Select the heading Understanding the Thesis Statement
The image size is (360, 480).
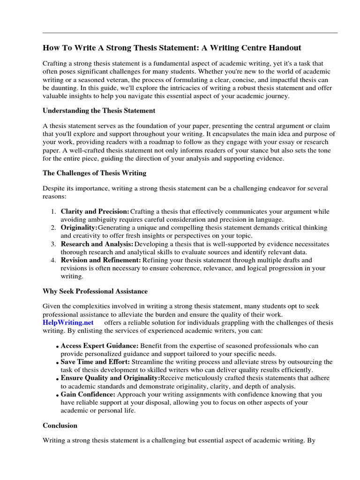point(99,111)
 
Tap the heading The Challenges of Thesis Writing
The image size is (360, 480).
point(95,173)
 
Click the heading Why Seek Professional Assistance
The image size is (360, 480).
point(95,291)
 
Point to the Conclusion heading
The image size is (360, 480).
point(60,426)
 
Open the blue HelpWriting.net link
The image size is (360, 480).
point(68,322)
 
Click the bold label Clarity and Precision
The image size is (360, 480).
point(95,211)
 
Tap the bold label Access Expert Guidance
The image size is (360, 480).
point(99,346)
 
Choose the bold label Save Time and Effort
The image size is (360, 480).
point(96,362)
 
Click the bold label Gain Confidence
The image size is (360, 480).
point(88,395)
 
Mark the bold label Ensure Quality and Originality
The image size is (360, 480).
point(110,378)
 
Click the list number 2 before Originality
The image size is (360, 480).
point(53,228)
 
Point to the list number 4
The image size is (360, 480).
point(53,260)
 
